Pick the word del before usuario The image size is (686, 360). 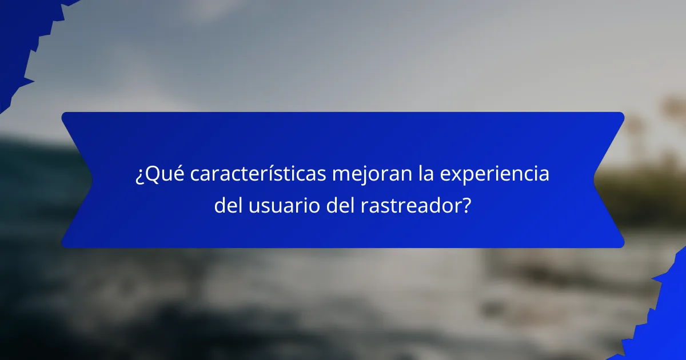click(229, 206)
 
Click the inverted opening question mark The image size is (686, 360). click(139, 176)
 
